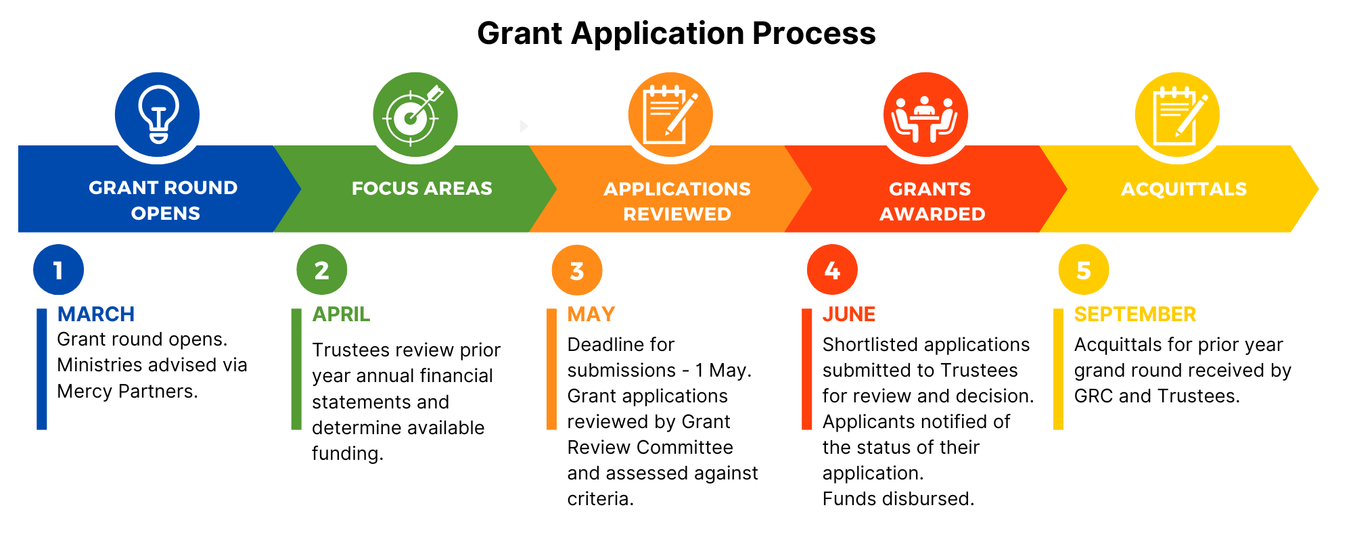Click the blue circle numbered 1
(58, 270)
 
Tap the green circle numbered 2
(321, 270)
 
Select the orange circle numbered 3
(576, 270)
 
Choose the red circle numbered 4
(832, 270)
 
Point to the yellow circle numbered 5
(1084, 270)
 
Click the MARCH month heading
(96, 314)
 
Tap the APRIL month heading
(341, 314)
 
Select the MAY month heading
(591, 314)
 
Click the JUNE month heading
(849, 314)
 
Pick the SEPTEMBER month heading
(1135, 314)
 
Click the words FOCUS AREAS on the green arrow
(421, 188)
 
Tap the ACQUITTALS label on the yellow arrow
(1184, 189)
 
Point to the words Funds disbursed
(898, 499)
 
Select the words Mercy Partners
(127, 392)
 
